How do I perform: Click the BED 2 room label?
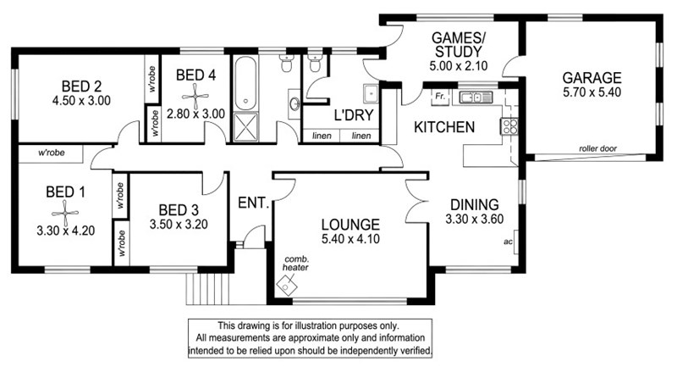click(81, 86)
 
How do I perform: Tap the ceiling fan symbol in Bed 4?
click(195, 96)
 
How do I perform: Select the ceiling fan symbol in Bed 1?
click(65, 212)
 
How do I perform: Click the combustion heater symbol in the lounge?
click(286, 286)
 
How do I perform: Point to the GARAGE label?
click(592, 78)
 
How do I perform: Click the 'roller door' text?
click(598, 148)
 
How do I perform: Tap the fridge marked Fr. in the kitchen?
click(440, 97)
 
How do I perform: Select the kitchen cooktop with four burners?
click(509, 126)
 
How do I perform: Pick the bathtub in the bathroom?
click(245, 83)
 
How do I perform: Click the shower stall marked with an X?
click(245, 127)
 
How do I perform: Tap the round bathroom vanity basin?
click(294, 104)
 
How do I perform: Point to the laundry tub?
click(371, 94)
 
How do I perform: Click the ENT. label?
click(253, 203)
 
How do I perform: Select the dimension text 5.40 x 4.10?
click(350, 239)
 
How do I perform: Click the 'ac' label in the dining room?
click(509, 242)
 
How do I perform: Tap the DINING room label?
click(475, 204)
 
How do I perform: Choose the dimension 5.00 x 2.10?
click(459, 66)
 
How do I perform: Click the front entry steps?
click(207, 289)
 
